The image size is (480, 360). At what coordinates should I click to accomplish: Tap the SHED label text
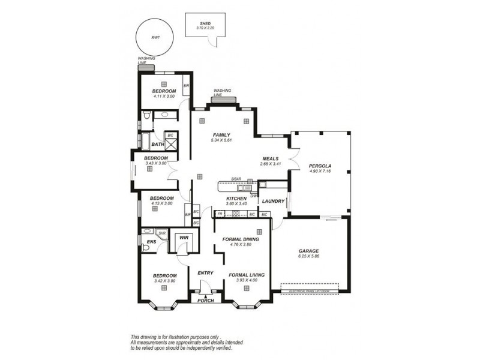pos(205,24)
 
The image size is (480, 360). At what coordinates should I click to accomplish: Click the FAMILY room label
pos(221,134)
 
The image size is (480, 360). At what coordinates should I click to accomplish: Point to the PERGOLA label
pos(320,165)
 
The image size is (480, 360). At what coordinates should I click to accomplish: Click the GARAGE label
pos(308,251)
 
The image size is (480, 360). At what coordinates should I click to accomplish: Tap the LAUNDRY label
pos(273,201)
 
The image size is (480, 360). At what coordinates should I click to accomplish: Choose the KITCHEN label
pos(236,198)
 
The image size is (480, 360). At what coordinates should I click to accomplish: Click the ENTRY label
pos(205,273)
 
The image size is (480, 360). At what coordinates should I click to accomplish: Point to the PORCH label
pos(206,301)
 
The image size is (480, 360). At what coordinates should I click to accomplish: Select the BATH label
pos(157,145)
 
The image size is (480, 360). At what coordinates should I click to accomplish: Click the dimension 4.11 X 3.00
pos(164,96)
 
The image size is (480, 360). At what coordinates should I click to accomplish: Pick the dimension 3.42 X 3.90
pos(164,281)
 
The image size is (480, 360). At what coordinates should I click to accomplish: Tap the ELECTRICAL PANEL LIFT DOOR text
pos(309,291)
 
